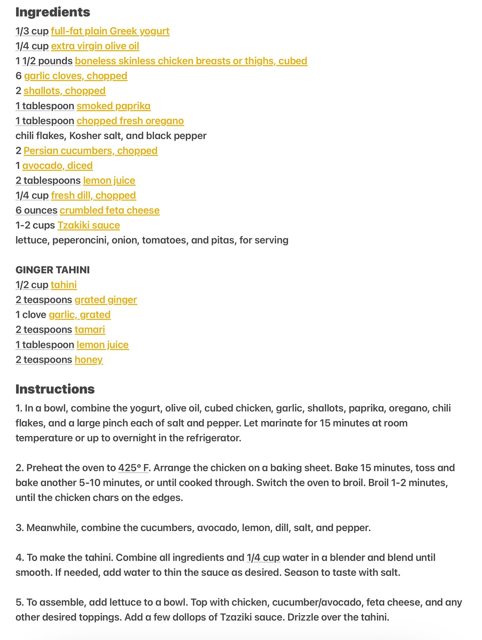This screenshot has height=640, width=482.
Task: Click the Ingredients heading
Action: point(53,12)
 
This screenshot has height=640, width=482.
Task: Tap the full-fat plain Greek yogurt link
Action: point(110,31)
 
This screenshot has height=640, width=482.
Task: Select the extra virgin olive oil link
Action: point(95,46)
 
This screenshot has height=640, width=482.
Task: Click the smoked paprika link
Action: point(113,106)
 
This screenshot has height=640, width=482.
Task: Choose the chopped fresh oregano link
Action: point(130,121)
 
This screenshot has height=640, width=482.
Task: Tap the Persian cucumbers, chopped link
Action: point(90,150)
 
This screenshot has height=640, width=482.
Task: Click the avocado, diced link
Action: point(58,166)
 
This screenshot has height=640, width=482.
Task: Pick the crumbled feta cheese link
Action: point(110,210)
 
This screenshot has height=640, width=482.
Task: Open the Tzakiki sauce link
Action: point(89,225)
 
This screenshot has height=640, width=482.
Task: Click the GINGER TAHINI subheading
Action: point(53,270)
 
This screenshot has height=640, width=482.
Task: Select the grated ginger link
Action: point(106,300)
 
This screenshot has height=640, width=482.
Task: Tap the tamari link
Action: point(90,329)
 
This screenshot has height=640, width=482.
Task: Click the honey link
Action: point(89,360)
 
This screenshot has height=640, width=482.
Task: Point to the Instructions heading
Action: point(55,389)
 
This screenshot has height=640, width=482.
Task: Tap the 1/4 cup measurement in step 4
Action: point(263,557)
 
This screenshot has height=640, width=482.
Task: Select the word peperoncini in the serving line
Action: point(80,240)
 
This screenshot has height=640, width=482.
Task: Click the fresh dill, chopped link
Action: point(93,195)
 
